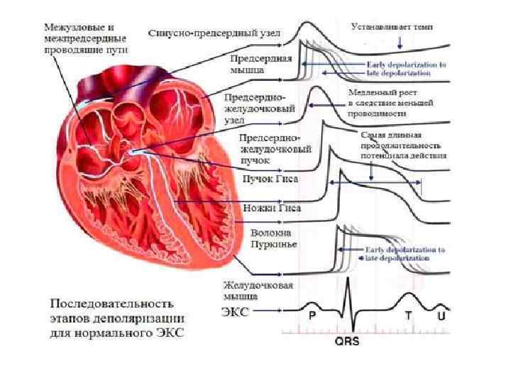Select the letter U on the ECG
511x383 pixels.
click(x=441, y=317)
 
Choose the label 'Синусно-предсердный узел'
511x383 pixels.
click(x=214, y=33)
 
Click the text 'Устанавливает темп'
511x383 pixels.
click(x=392, y=26)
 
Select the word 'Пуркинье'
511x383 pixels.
click(x=273, y=245)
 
